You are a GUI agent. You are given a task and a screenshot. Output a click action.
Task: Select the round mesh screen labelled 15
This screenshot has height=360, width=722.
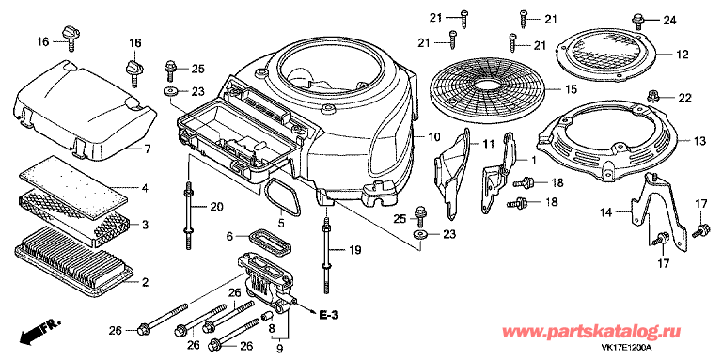483,88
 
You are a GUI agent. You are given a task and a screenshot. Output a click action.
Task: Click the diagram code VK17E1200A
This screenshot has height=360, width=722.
672,347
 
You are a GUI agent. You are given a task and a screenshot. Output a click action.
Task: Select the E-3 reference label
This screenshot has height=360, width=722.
330,314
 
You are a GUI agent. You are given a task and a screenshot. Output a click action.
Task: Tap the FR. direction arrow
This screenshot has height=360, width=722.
37,329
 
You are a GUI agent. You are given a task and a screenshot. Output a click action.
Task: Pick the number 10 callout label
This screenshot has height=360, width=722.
434,138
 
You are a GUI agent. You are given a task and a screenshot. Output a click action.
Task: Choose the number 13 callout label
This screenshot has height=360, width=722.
698,140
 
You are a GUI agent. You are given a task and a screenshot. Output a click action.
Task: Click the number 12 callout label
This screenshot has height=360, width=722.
682,54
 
